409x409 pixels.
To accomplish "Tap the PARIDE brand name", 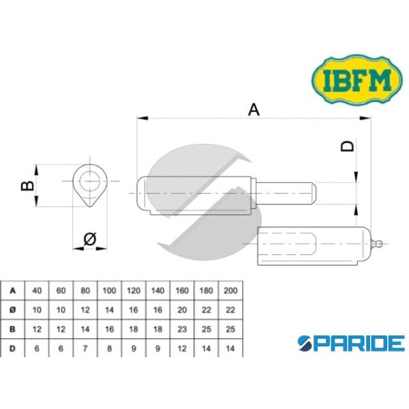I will pos(350,342).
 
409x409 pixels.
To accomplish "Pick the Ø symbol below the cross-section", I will pos(89,239).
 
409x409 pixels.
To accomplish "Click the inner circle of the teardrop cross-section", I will pos(90,181).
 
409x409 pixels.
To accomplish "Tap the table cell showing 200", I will pos(230,290).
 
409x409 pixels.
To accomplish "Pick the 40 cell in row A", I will pos(37,290).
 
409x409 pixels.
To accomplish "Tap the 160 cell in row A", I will pos(182,290).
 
